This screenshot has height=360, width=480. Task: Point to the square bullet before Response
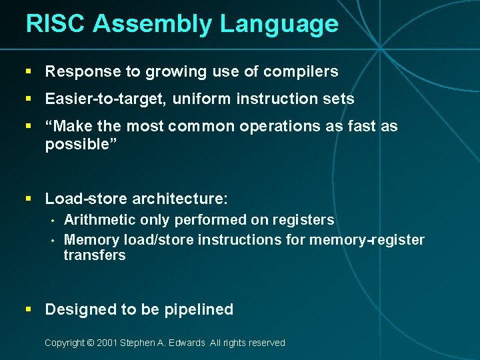[x=28, y=71]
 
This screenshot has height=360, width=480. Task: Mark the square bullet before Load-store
[x=28, y=198]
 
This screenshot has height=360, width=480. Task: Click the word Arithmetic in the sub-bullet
[x=99, y=220]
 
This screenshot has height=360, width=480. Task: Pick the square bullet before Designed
[x=28, y=309]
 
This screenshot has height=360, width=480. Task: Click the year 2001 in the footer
[x=107, y=343]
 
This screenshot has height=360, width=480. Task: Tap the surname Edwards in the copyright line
[x=186, y=343]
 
